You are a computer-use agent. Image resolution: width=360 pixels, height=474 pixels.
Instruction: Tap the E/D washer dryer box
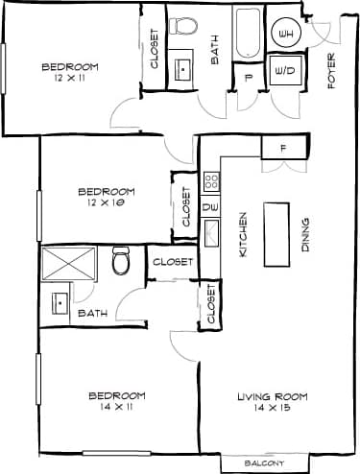point(284,71)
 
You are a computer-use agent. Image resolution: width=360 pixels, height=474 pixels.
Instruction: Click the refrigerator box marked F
point(284,148)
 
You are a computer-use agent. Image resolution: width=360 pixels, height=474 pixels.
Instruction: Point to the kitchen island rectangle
point(278,233)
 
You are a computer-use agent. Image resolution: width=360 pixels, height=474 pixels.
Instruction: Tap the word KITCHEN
point(244,233)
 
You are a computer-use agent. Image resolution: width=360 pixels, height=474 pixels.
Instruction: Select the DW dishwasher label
point(211,205)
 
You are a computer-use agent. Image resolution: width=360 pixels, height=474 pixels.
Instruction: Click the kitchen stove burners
point(211,179)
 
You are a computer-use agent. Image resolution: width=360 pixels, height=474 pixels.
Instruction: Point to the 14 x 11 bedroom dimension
point(116,409)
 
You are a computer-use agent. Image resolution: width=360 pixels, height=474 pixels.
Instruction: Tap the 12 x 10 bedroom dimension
point(106,203)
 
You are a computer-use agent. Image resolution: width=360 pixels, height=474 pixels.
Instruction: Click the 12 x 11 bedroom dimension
point(70,78)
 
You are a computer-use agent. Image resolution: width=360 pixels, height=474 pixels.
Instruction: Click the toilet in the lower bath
point(121,260)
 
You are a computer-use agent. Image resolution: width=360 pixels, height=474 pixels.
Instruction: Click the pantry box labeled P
point(248,79)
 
